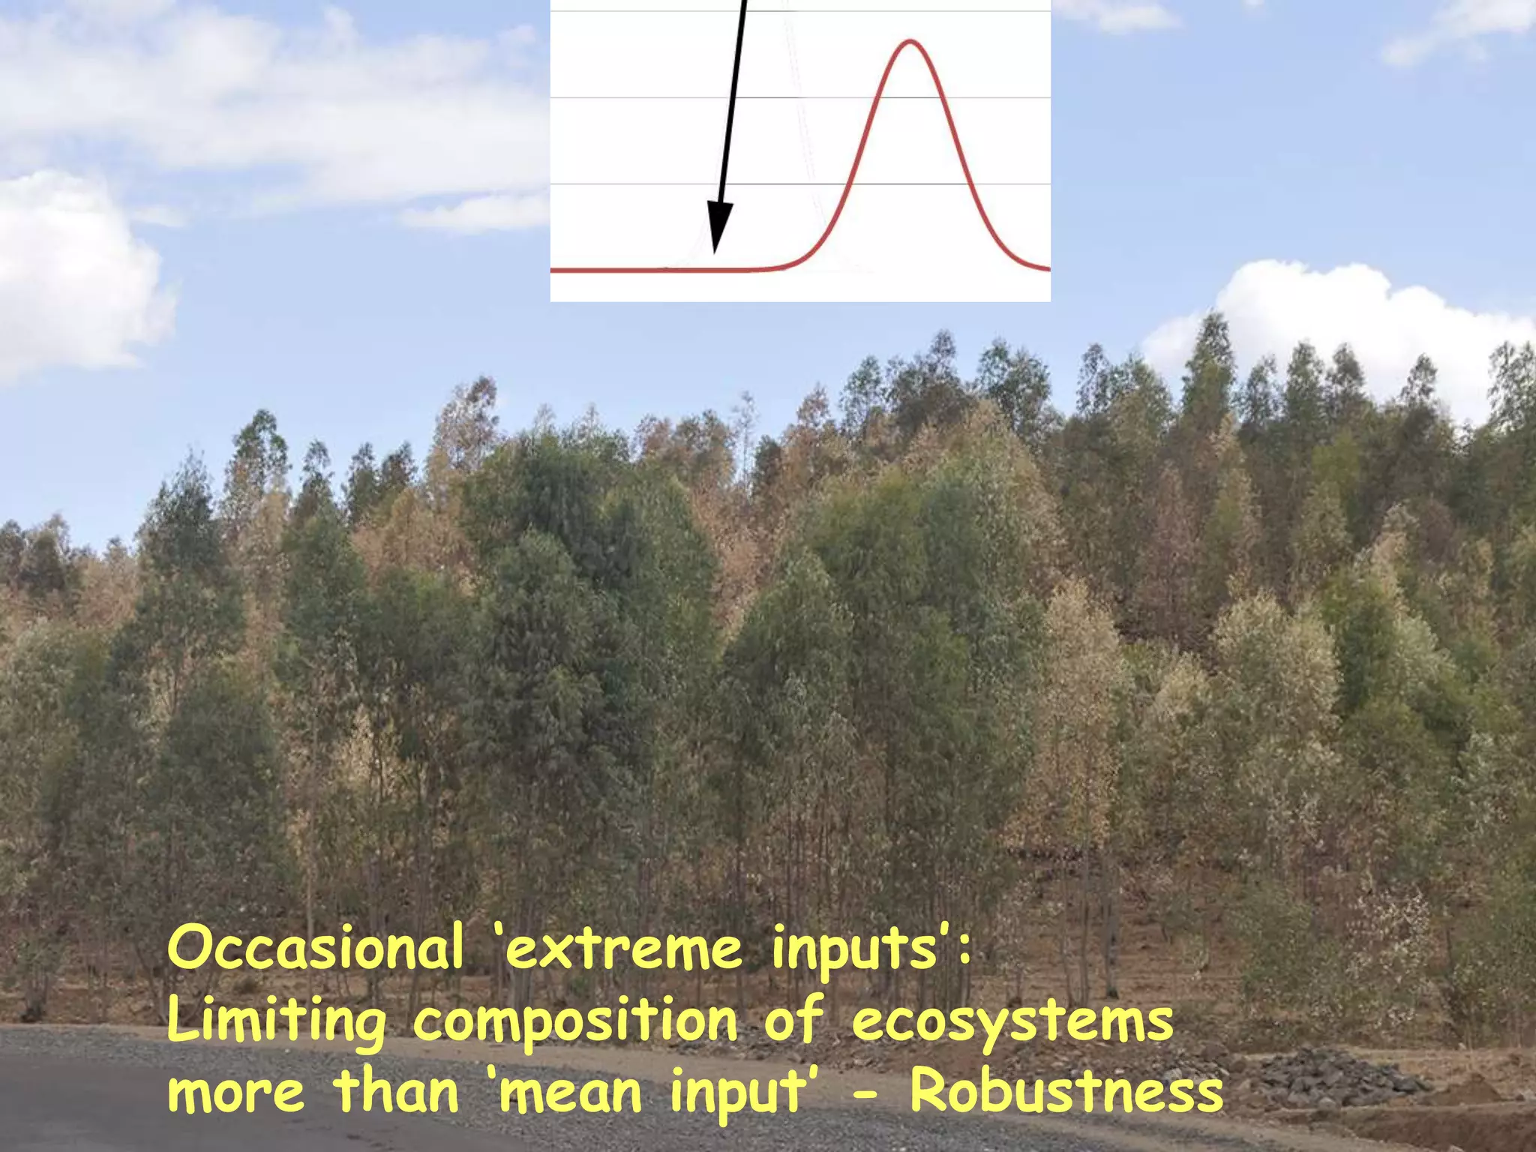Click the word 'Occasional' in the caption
coord(315,948)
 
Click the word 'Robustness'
coord(1066,1092)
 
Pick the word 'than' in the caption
coord(396,1092)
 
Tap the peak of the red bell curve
coord(910,40)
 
